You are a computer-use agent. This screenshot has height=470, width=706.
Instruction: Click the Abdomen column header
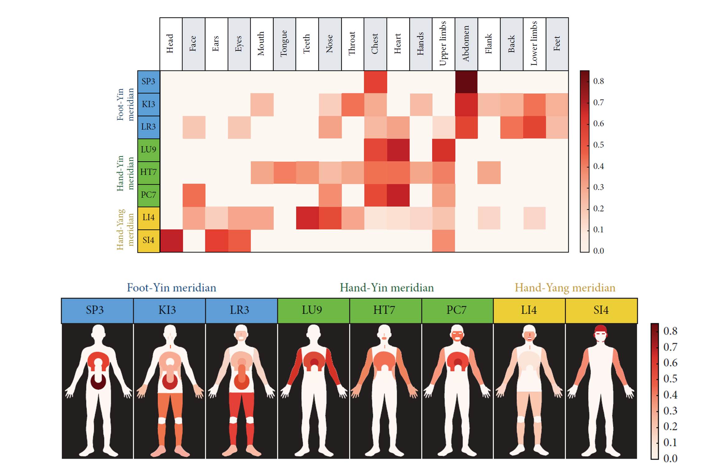(x=466, y=44)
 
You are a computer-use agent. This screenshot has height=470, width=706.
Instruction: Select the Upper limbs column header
(x=443, y=44)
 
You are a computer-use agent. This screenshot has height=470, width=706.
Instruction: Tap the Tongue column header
(x=284, y=44)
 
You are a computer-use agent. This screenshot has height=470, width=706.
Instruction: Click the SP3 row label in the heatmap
(x=148, y=81)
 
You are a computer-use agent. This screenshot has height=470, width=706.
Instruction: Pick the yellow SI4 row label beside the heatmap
(x=148, y=240)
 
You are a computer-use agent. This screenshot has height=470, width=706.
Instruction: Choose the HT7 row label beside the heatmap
(x=148, y=172)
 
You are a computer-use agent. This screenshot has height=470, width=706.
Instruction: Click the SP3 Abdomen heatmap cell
(x=466, y=82)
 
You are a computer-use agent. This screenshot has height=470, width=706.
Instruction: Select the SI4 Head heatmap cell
(x=171, y=241)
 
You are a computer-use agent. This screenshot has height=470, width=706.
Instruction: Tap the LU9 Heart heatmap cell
(x=398, y=150)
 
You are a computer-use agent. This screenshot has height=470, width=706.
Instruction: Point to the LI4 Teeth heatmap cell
(x=307, y=218)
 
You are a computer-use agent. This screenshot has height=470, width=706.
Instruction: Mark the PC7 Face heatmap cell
(x=194, y=195)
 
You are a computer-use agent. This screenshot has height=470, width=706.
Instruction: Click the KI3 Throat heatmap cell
(x=352, y=104)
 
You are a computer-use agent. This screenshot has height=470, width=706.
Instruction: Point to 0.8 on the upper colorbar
(x=598, y=81)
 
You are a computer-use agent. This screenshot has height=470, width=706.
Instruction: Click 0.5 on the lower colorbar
(x=670, y=379)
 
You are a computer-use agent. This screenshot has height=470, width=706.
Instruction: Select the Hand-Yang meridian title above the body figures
(x=565, y=288)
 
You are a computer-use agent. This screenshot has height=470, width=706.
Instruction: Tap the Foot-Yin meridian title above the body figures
(x=171, y=288)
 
